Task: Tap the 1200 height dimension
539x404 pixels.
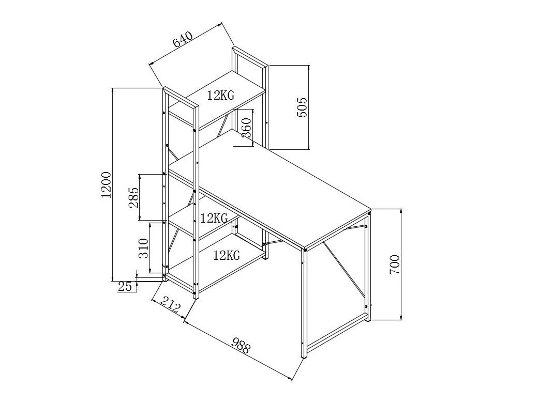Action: coord(107,184)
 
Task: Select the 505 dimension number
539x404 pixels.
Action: coord(303,107)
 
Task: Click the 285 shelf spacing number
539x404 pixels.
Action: coord(133,197)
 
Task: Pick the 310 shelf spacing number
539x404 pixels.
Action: coord(144,247)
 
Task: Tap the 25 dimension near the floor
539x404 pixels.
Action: coord(125,286)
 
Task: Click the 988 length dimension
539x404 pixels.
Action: coord(241,345)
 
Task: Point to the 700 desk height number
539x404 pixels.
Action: coord(395,264)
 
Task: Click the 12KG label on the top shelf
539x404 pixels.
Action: coord(221,95)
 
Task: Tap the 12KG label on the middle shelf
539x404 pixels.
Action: coord(214,218)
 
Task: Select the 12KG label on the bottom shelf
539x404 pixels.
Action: coord(226,255)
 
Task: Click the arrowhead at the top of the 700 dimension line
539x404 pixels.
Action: coord(401,211)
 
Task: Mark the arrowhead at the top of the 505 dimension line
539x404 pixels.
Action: coord(309,68)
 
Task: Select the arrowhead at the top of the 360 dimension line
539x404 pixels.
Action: coord(252,112)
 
